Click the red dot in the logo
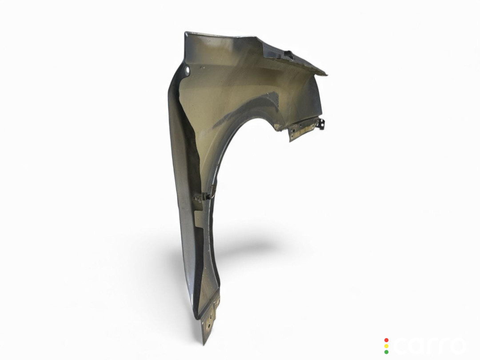click(386, 340)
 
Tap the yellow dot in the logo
click(386, 346)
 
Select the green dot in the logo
click(386, 352)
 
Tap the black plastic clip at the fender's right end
click(322, 124)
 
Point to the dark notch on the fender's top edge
click(289, 54)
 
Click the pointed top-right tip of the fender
click(327, 74)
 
